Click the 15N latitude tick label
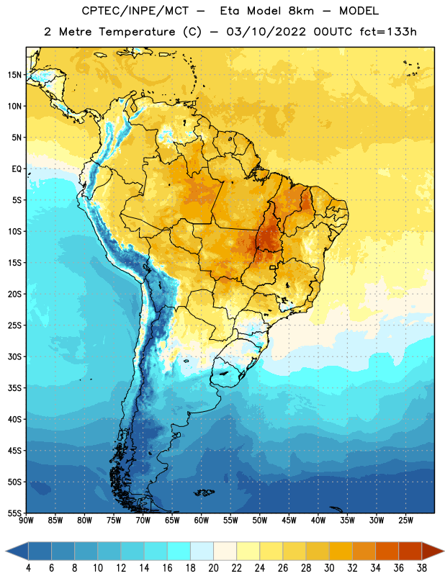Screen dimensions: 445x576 pyautogui.click(x=14, y=75)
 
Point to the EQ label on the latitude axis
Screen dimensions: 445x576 pyautogui.click(x=17, y=169)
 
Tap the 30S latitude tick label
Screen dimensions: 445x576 pyautogui.click(x=14, y=356)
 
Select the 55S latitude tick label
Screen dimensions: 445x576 pyautogui.click(x=14, y=513)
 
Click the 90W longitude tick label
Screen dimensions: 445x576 pyautogui.click(x=26, y=521)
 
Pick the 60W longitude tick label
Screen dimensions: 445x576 pyautogui.click(x=202, y=521)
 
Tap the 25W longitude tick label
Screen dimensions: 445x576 pyautogui.click(x=405, y=521)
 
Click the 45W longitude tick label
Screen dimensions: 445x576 pyautogui.click(x=289, y=521)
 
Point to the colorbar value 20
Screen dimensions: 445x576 pyautogui.click(x=213, y=568)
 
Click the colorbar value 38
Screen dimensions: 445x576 pyautogui.click(x=422, y=568)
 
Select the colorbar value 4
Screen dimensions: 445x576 pyautogui.click(x=28, y=568)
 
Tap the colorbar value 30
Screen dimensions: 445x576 pyautogui.click(x=329, y=568)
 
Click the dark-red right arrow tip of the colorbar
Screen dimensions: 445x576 pyautogui.click(x=444, y=551)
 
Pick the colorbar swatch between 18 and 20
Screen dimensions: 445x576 pyautogui.click(x=202, y=551)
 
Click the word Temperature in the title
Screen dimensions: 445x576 pyautogui.click(x=137, y=32)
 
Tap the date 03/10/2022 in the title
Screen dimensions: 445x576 pyautogui.click(x=266, y=32)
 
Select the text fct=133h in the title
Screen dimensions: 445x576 pyautogui.click(x=388, y=32)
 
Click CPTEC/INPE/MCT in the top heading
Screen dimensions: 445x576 pyautogui.click(x=135, y=11)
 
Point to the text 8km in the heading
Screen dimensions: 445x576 pyautogui.click(x=301, y=11)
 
